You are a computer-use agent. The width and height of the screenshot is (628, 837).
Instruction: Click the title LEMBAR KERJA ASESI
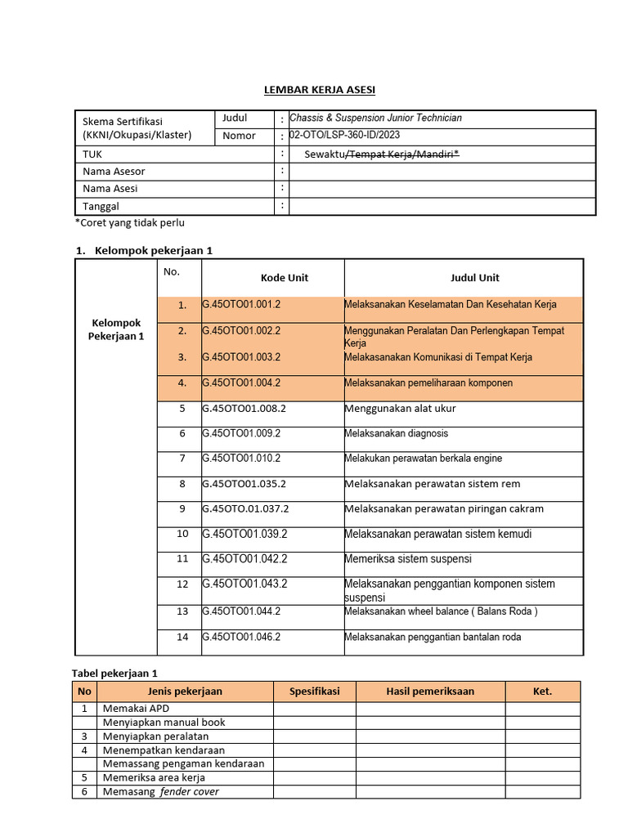click(313, 89)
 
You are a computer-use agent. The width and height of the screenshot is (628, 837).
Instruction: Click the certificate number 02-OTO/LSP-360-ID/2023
click(345, 136)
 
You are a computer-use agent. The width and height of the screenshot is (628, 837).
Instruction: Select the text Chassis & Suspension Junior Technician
click(376, 119)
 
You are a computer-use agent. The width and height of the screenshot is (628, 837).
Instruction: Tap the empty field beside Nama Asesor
click(442, 172)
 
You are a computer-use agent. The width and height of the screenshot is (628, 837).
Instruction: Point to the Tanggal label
click(101, 207)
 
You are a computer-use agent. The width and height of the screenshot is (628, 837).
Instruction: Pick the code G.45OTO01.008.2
click(244, 409)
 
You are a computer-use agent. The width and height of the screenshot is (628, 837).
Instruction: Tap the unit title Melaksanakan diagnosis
click(397, 434)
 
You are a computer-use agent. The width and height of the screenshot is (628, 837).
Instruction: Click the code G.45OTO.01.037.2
click(245, 509)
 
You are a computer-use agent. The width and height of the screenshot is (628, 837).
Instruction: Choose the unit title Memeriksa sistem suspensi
click(408, 560)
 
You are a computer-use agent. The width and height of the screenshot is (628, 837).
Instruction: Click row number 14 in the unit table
click(182, 637)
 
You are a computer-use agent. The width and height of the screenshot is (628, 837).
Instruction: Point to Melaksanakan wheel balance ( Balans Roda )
click(441, 611)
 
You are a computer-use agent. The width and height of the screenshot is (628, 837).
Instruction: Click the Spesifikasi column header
click(314, 692)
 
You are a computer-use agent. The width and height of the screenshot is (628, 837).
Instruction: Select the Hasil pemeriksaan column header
click(430, 692)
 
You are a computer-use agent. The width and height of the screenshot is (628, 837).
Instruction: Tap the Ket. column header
click(542, 692)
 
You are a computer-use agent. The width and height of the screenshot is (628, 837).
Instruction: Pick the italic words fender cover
click(190, 792)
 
